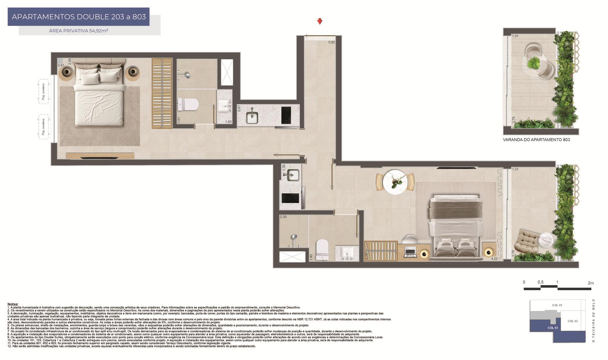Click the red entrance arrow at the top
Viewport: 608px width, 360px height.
tap(319, 21)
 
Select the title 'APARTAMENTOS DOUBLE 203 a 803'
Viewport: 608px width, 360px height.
tap(79, 17)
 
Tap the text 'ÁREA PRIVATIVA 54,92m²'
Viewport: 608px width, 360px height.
tap(79, 31)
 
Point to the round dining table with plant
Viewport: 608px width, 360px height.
tap(395, 182)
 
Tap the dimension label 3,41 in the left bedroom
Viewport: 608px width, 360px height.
tap(61, 65)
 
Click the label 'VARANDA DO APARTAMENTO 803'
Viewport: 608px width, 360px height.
tap(536, 140)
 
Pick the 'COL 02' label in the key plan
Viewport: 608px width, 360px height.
tap(572, 321)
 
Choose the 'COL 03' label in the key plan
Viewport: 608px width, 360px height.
tap(552, 328)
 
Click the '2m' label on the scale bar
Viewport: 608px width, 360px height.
tap(591, 283)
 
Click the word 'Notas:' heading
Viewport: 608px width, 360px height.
tap(13, 304)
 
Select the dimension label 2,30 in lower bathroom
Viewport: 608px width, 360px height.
tap(283, 217)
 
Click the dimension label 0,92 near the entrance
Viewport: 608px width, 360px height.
tap(331, 42)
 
